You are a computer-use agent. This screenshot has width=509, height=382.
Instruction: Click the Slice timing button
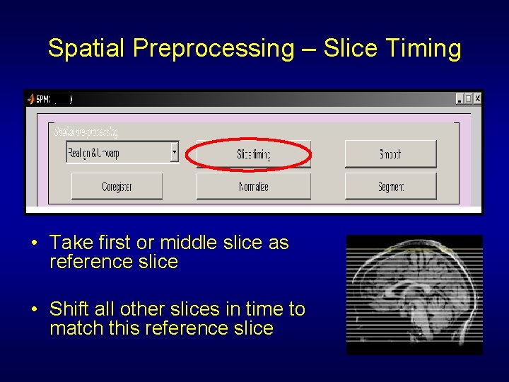(253, 154)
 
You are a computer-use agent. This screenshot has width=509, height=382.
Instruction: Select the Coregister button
(117, 187)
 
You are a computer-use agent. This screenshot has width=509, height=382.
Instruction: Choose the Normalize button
(253, 187)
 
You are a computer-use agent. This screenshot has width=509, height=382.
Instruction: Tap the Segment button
(390, 187)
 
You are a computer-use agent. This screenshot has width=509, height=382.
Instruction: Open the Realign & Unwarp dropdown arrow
(175, 151)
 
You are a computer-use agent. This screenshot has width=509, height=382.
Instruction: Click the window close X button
(477, 99)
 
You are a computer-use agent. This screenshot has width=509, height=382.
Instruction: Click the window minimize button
(460, 99)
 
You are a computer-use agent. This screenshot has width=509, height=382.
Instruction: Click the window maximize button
(468, 99)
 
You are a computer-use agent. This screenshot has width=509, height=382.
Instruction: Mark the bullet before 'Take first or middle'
(34, 243)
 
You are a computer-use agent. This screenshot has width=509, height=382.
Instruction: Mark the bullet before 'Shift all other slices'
(34, 310)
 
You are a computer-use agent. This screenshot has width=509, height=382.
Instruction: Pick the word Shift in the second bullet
(69, 309)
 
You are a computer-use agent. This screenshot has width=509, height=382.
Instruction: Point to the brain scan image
(414, 294)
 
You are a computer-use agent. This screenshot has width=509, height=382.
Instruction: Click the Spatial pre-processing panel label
(86, 132)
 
